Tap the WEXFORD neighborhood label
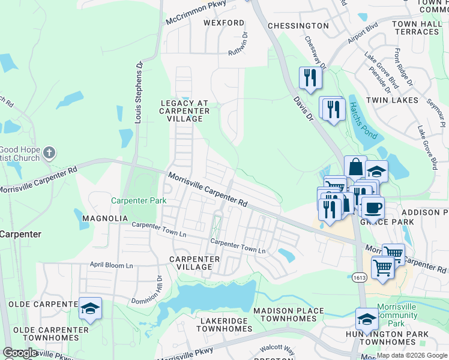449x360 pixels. (224, 23)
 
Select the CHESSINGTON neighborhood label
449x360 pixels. (298, 26)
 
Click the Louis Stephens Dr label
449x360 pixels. (139, 92)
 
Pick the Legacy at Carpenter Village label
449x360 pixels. (185, 111)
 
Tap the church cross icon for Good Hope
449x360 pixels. (50, 152)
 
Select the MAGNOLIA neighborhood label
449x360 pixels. (105, 218)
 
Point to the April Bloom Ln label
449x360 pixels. (111, 264)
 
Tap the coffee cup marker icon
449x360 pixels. (372, 207)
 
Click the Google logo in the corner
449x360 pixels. (20, 353)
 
